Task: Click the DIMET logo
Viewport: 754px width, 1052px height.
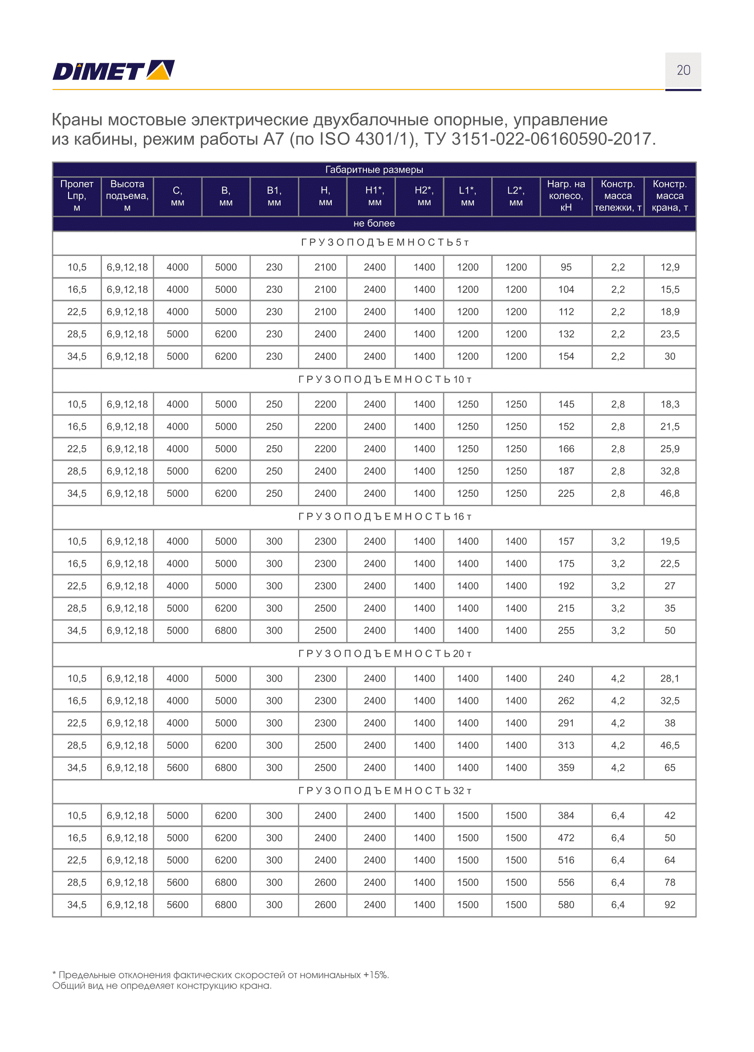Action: [x=113, y=70]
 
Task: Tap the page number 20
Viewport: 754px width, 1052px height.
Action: [x=683, y=70]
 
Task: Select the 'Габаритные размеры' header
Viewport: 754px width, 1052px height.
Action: [x=374, y=170]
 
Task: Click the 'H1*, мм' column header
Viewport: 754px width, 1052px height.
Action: [x=375, y=196]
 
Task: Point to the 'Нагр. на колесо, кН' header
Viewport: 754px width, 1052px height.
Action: [x=566, y=196]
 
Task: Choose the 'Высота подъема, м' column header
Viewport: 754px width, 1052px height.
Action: [x=127, y=196]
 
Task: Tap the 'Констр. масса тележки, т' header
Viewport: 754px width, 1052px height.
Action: [x=618, y=196]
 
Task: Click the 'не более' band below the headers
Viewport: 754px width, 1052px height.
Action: [x=374, y=223]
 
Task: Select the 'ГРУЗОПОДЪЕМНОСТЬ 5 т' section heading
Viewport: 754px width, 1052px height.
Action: [x=385, y=243]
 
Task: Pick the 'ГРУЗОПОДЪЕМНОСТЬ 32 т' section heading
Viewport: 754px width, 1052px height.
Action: [x=385, y=791]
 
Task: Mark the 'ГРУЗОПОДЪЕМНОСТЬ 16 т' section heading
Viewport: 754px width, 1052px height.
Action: [x=385, y=517]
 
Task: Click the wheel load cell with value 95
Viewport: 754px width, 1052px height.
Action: [x=566, y=267]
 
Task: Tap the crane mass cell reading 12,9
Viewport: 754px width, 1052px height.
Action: [x=669, y=267]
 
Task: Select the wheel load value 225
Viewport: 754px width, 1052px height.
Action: [x=566, y=494]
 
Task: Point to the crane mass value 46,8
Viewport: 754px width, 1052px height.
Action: [x=669, y=494]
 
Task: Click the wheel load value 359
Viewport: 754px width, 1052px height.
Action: [x=566, y=768]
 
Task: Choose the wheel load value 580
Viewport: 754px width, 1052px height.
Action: [x=566, y=905]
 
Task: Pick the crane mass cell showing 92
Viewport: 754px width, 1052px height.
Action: [x=669, y=905]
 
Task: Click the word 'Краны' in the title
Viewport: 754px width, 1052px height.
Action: [x=77, y=120]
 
